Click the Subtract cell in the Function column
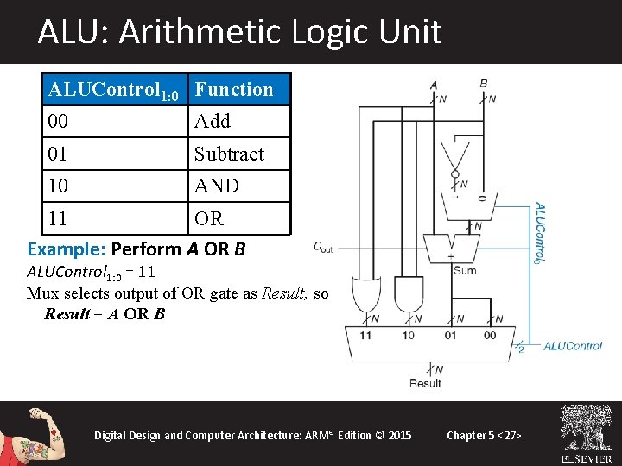pyautogui.click(x=229, y=154)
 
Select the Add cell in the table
pyautogui.click(x=213, y=122)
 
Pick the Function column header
pyautogui.click(x=233, y=89)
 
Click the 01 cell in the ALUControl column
pyautogui.click(x=59, y=154)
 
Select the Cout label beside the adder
pyautogui.click(x=323, y=247)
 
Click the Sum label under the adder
pyautogui.click(x=464, y=271)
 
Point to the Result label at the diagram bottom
pyautogui.click(x=425, y=383)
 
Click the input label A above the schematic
pyautogui.click(x=433, y=84)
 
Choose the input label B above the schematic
pyautogui.click(x=484, y=83)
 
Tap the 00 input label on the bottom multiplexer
pyautogui.click(x=489, y=335)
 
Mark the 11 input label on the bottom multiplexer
pyautogui.click(x=365, y=335)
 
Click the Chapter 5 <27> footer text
pyautogui.click(x=484, y=435)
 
